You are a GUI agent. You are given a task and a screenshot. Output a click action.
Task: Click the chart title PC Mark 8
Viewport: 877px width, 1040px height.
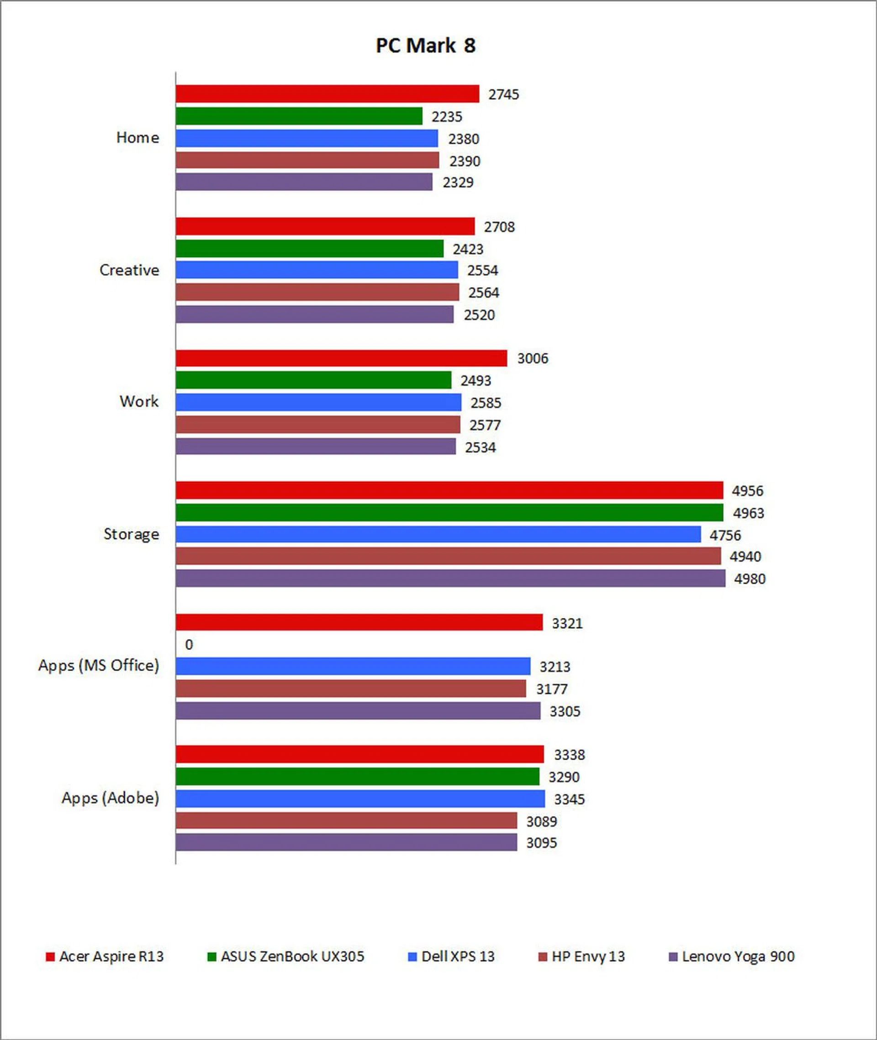pyautogui.click(x=426, y=46)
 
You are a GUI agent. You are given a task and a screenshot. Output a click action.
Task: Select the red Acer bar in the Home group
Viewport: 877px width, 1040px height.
pyautogui.click(x=327, y=94)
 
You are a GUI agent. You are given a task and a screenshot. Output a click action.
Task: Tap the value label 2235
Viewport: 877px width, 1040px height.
pyautogui.click(x=446, y=117)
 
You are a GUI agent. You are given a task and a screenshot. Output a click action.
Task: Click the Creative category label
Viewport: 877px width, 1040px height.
pyautogui.click(x=129, y=270)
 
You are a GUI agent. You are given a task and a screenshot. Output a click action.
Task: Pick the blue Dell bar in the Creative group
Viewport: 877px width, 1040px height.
pyautogui.click(x=317, y=270)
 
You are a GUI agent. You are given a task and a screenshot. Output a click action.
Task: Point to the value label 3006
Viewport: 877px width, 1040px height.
pyautogui.click(x=533, y=358)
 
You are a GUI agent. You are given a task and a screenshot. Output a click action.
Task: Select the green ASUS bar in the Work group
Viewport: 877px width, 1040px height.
pyautogui.click(x=313, y=380)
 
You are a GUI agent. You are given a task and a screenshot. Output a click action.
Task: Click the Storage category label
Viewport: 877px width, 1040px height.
pyautogui.click(x=131, y=534)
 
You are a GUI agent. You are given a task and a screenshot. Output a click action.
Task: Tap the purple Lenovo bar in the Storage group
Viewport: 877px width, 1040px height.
pyautogui.click(x=450, y=578)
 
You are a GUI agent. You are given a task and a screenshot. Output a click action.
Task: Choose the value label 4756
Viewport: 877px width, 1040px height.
pyautogui.click(x=725, y=535)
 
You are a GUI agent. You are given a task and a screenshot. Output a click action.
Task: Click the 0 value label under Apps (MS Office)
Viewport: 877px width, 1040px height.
pyautogui.click(x=189, y=645)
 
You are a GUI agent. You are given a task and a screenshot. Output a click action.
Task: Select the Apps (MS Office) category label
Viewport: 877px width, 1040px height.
pyautogui.click(x=99, y=665)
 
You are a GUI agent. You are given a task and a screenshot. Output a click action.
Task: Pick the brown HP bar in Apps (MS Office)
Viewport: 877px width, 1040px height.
pyautogui.click(x=350, y=689)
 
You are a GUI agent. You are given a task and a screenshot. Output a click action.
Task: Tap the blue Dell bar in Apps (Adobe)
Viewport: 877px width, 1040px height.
pyautogui.click(x=360, y=799)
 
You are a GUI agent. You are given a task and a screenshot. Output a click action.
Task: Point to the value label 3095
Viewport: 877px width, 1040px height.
pyautogui.click(x=541, y=843)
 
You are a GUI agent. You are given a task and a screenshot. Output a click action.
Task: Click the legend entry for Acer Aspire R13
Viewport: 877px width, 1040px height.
pyautogui.click(x=105, y=956)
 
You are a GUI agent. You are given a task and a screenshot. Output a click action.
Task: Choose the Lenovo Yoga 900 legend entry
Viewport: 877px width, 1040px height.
pyautogui.click(x=732, y=956)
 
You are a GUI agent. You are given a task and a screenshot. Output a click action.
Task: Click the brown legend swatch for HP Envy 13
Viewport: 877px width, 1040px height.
pyautogui.click(x=542, y=956)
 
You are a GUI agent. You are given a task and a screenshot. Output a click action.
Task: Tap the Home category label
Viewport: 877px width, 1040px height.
pyautogui.click(x=137, y=137)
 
